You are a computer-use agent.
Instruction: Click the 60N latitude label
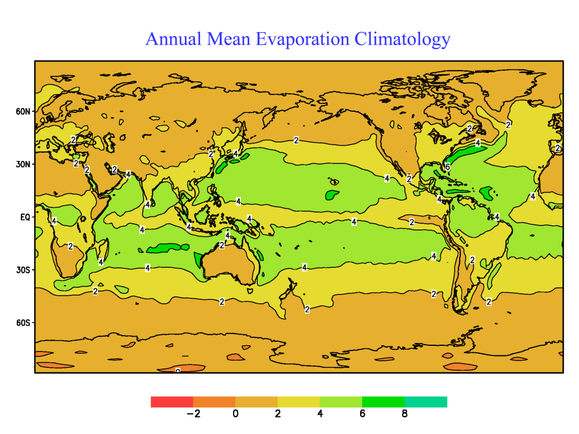tap(23, 111)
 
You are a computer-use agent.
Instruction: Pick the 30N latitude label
tap(23, 164)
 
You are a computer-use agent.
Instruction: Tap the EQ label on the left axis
tap(26, 217)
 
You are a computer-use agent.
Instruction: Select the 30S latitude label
tap(23, 270)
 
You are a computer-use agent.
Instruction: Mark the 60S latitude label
tap(23, 323)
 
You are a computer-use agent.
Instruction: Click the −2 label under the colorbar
tap(193, 414)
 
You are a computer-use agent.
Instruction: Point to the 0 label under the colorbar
tap(235, 414)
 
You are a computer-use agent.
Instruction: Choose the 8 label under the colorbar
tap(404, 414)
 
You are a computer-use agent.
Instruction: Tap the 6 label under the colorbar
tap(362, 414)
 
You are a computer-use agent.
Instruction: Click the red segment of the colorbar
tap(172, 402)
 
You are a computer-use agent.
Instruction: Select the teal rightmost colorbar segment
tap(426, 402)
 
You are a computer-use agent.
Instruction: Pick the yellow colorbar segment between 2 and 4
tap(299, 402)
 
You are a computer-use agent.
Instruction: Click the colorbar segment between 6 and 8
tap(383, 402)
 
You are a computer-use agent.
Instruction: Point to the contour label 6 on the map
tap(447, 167)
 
